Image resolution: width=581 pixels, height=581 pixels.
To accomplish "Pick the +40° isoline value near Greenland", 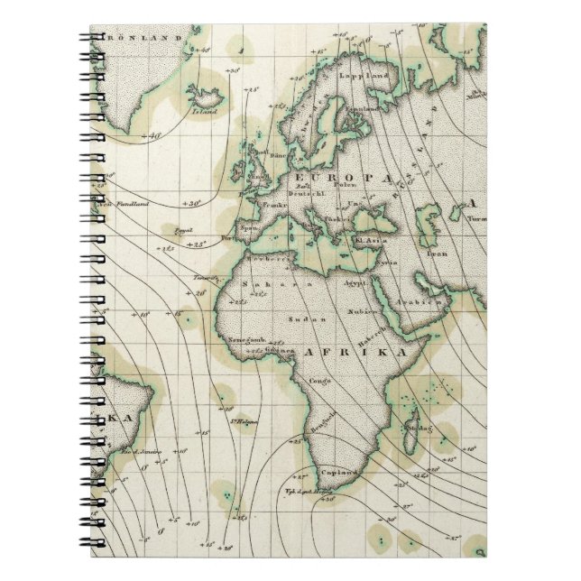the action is (154, 136).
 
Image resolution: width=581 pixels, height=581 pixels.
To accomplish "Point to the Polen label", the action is (349, 184).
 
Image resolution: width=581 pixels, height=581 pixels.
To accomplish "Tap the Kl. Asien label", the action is (368, 241).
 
